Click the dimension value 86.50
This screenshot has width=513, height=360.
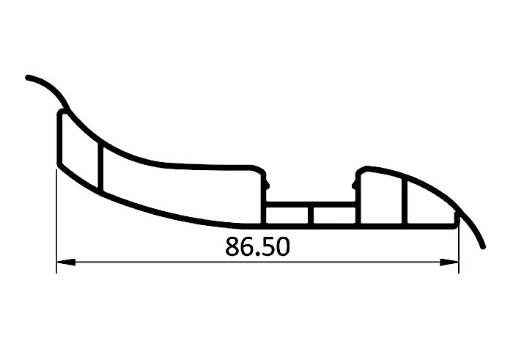point(257,246)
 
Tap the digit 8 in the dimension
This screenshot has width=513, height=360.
point(232,246)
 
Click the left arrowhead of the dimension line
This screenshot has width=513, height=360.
point(66,262)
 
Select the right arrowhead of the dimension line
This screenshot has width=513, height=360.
point(449,262)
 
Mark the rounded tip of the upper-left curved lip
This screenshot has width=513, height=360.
point(28,78)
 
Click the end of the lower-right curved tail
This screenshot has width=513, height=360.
point(483,246)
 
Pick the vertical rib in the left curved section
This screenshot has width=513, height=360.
point(100,168)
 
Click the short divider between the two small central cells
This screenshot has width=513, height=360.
point(311,216)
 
